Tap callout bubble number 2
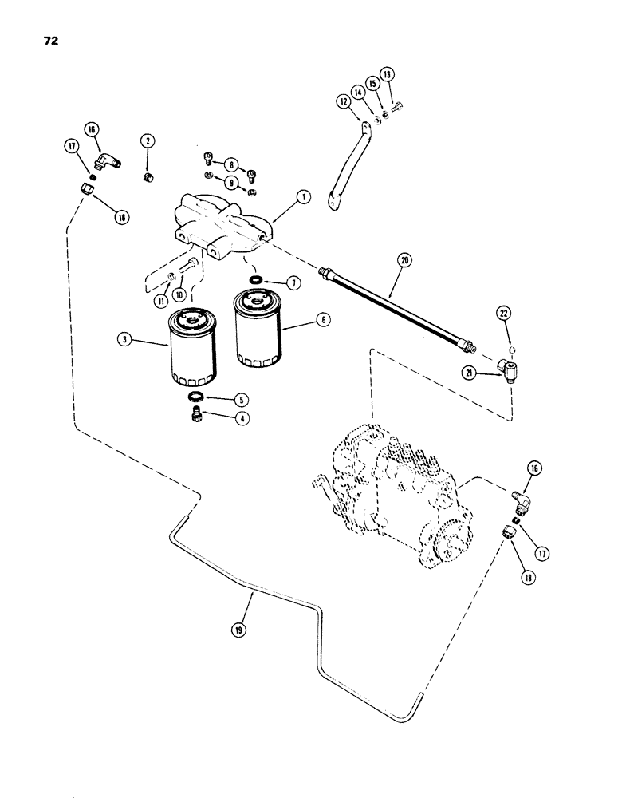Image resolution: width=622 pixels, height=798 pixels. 148,141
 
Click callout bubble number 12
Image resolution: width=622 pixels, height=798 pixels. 344,102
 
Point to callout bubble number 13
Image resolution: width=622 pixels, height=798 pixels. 388,73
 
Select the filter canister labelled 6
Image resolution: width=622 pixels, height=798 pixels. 258,329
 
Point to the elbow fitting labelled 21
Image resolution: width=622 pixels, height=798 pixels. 503,366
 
